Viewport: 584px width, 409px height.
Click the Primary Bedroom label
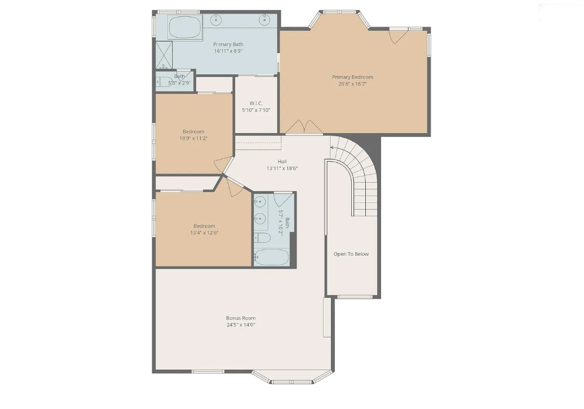point(352,77)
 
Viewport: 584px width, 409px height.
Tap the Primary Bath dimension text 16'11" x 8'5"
point(228,51)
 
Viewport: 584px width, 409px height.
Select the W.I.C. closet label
point(256,103)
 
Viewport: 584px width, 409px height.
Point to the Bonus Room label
point(241,318)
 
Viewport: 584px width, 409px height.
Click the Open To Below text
point(351,254)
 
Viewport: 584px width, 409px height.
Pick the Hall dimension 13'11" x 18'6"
point(282,168)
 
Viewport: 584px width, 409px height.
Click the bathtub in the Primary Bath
point(185,27)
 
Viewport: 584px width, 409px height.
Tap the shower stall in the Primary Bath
point(164,55)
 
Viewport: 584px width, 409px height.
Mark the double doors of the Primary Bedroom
point(304,127)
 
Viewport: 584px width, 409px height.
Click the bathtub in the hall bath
point(271,257)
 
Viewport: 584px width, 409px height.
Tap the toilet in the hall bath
point(262,237)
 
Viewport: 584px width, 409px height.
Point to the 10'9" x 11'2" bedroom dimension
point(193,138)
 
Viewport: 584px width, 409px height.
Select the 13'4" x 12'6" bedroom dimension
point(204,233)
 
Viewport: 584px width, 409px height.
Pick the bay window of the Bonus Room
point(291,377)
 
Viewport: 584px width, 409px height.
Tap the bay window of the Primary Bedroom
point(339,19)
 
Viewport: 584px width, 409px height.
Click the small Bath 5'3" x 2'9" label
point(179,79)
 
